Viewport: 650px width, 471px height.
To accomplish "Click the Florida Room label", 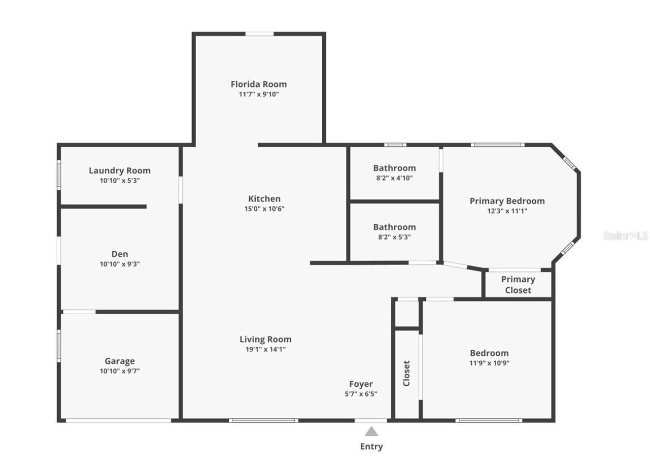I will [258, 84].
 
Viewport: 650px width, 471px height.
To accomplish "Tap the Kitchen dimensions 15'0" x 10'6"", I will [264, 209].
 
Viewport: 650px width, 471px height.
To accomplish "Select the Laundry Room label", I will [120, 170].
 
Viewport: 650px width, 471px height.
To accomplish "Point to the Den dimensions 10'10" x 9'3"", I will [120, 264].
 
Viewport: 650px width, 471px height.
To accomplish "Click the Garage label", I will [119, 361].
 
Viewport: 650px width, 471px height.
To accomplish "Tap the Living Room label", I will [265, 339].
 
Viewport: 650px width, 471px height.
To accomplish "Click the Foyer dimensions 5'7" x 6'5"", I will [361, 394].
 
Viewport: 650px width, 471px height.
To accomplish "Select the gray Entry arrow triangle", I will [372, 432].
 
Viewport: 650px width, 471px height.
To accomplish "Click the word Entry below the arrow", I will [372, 447].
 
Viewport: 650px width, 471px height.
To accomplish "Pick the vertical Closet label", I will [407, 373].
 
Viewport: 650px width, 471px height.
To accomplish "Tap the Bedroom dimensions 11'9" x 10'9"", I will [489, 363].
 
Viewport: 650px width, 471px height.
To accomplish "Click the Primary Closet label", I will [518, 285].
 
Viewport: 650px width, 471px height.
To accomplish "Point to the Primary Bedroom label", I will [507, 201].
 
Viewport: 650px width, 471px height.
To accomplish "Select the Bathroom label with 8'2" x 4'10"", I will [394, 168].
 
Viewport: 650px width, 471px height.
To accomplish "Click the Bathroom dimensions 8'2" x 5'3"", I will [394, 237].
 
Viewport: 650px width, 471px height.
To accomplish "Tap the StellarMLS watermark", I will [625, 236].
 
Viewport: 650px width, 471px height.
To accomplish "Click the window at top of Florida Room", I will [260, 34].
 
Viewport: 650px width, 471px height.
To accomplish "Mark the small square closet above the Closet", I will [407, 313].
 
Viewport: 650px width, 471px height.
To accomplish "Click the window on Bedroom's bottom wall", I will [488, 421].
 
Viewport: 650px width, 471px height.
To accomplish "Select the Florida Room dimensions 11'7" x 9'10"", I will [259, 95].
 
